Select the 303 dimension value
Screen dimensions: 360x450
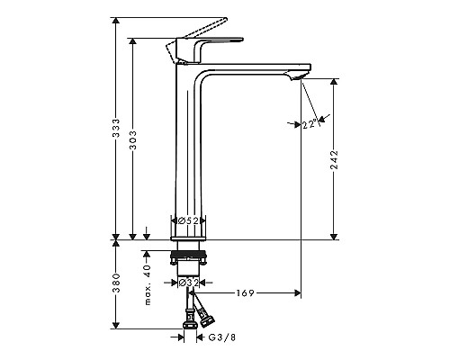[x=132, y=140]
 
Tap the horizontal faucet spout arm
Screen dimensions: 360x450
[x=261, y=68]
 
